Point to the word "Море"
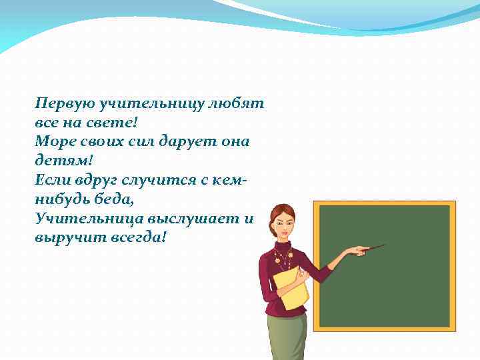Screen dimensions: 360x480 click(x=55, y=141)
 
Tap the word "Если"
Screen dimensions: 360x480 click(x=53, y=180)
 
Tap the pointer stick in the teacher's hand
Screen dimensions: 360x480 click(x=373, y=248)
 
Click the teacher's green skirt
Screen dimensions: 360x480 click(x=287, y=337)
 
